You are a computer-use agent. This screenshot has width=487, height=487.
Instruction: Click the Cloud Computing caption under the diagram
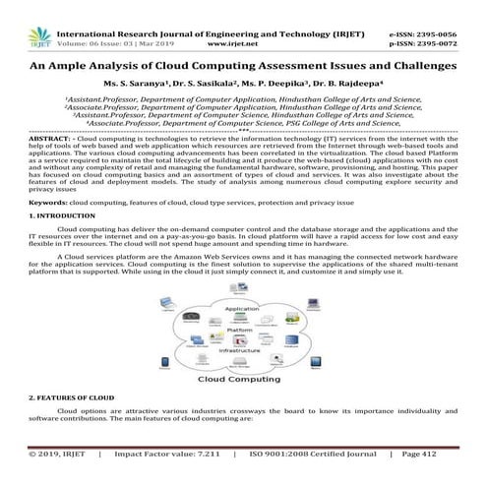click(242, 379)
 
